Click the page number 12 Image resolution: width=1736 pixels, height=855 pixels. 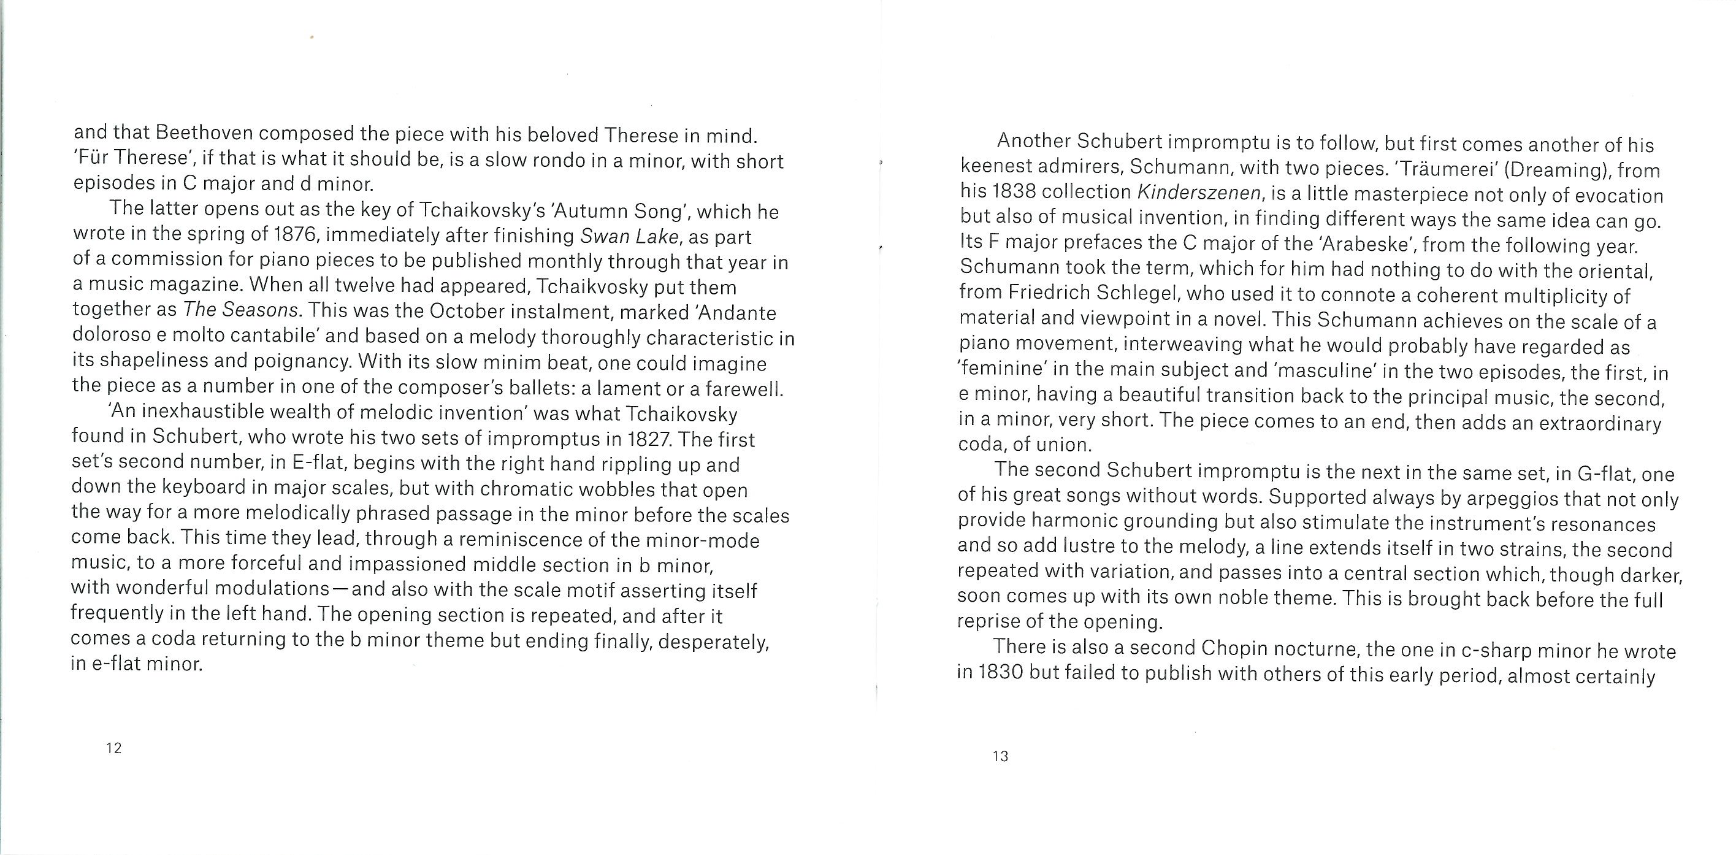pyautogui.click(x=114, y=748)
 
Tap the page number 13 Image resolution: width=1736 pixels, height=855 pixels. pyautogui.click(x=1000, y=756)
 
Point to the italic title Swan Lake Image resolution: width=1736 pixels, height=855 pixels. pyautogui.click(x=630, y=237)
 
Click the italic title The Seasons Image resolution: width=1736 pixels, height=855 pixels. pyautogui.click(x=240, y=310)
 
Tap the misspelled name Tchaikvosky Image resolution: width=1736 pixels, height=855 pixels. pyautogui.click(x=593, y=286)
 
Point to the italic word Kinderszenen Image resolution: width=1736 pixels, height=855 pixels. pyautogui.click(x=1199, y=193)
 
